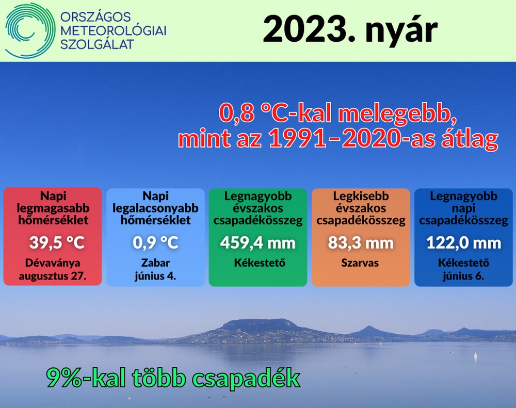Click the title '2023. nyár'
click(x=350, y=29)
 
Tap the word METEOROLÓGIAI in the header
click(x=114, y=30)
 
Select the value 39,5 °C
click(x=57, y=243)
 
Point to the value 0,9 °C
click(x=155, y=243)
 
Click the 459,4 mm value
click(x=258, y=243)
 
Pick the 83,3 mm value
click(x=361, y=243)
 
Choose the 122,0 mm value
click(x=464, y=243)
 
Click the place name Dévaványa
click(x=53, y=263)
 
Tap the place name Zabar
click(x=155, y=263)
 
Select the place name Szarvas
click(x=360, y=263)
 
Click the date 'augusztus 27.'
click(x=53, y=276)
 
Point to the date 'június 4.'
click(x=155, y=276)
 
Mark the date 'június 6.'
click(x=463, y=276)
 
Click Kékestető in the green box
click(x=260, y=263)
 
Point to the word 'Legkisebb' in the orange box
click(x=361, y=196)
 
